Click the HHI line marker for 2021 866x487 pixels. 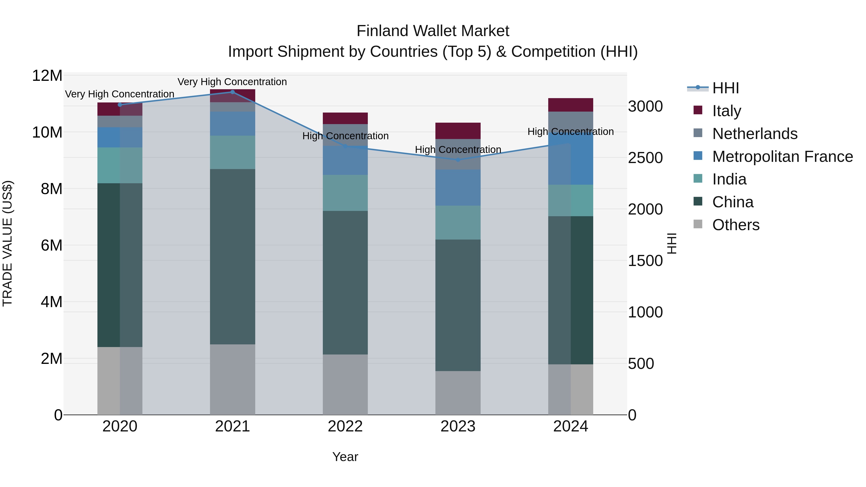tap(232, 92)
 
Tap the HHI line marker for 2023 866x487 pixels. tap(458, 160)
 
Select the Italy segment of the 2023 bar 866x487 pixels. tap(458, 131)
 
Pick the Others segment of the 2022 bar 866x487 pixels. tap(345, 385)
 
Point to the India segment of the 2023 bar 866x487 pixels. tap(458, 222)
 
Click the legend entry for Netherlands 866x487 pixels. tap(754, 134)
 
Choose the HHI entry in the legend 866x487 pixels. tap(726, 88)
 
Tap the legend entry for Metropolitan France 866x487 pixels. tap(782, 157)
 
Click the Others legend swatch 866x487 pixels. tap(698, 224)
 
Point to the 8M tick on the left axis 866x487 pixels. tap(51, 189)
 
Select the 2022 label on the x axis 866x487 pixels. tap(345, 426)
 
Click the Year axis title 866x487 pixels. tap(345, 457)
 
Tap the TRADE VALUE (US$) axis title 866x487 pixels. tap(8, 243)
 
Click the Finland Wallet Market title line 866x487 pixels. tap(433, 31)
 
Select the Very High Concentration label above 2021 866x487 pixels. tap(232, 82)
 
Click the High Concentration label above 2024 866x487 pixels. tap(571, 131)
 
